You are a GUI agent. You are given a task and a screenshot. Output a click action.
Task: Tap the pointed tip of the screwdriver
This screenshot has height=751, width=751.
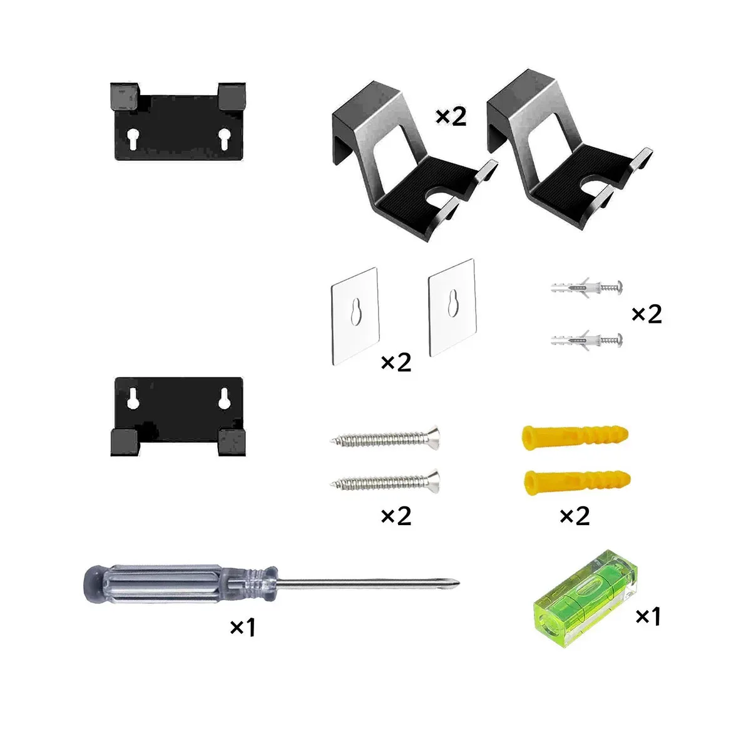[x=459, y=583]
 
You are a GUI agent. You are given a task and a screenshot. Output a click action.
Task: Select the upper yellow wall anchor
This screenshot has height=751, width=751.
[x=575, y=437]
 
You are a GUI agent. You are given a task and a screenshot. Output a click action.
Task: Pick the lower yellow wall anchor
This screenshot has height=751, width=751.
[x=577, y=483]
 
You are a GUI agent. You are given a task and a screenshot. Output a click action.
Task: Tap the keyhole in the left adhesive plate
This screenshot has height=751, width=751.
[x=355, y=311]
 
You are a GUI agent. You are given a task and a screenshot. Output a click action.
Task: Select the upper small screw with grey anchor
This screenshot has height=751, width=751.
[x=586, y=288]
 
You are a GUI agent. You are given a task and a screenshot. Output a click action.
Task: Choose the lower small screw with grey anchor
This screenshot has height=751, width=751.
[x=586, y=340]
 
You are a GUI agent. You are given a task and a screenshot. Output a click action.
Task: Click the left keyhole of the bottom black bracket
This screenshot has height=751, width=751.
[x=133, y=398]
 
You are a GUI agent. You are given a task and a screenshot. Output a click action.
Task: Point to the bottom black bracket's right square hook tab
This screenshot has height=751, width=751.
[x=232, y=442]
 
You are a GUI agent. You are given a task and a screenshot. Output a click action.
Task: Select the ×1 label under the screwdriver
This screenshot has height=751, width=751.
[x=242, y=628]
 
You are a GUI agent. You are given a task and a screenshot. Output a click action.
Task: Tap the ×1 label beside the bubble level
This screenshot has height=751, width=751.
[x=648, y=616]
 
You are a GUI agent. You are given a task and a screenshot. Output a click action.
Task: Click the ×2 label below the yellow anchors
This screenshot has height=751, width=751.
[x=575, y=516]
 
